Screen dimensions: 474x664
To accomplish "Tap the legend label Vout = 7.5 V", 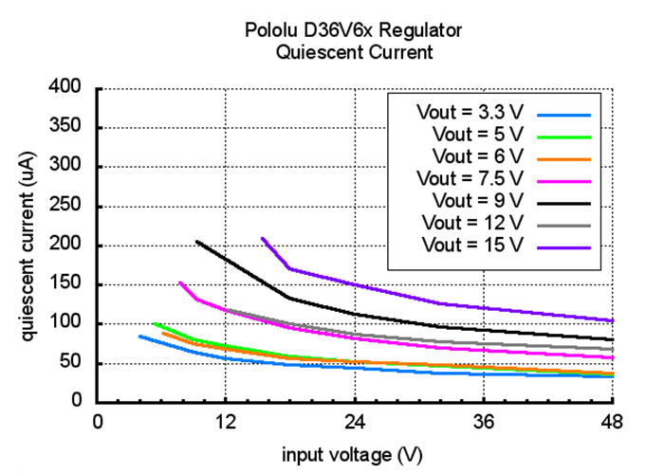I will tap(470, 178).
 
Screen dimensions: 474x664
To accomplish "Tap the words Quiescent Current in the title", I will tap(354, 53).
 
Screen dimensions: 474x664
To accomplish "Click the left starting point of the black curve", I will tap(196, 241).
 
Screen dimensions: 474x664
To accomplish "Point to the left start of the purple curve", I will tap(262, 238).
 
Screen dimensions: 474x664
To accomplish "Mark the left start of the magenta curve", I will tap(179, 282).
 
